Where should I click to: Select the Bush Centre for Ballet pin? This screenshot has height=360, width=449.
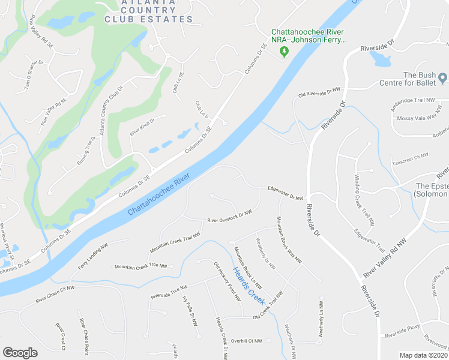(442, 78)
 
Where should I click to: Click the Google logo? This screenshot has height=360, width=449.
(20, 352)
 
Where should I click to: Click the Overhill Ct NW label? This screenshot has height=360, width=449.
(247, 341)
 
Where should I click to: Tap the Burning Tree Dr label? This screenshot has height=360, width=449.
(86, 151)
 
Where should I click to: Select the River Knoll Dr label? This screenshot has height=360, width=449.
(143, 127)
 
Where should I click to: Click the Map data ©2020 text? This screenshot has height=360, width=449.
(423, 355)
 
